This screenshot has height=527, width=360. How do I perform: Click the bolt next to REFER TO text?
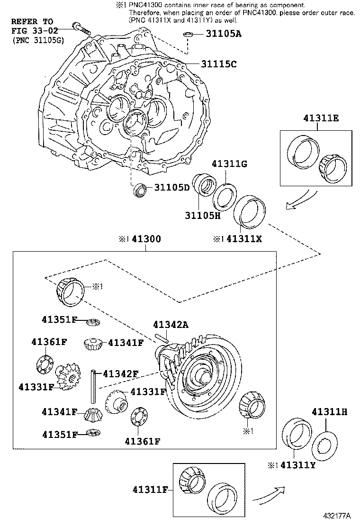pos(81,27)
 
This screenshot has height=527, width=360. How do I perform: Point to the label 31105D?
pos(171,188)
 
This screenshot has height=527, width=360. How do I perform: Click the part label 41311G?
pos(230,164)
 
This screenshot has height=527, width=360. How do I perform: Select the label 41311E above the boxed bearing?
pos(321,119)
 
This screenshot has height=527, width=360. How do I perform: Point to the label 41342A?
pos(170,325)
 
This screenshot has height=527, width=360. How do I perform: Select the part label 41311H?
pos(329,411)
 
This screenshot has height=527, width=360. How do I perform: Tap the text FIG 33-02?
pos(32,31)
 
